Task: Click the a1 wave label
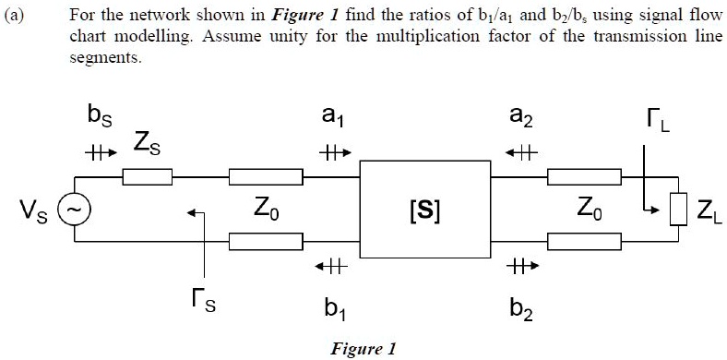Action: coord(330,118)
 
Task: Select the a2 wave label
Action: coord(521,118)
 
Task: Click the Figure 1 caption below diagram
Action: coord(363,348)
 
